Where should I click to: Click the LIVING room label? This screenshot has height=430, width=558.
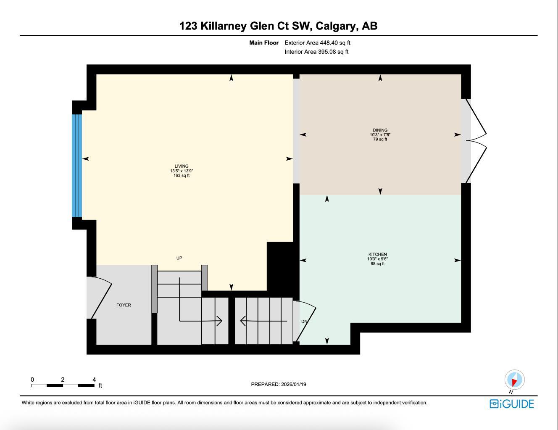(x=182, y=166)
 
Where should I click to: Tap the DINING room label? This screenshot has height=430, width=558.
(x=380, y=130)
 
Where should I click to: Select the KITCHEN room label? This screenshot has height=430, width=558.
(x=377, y=254)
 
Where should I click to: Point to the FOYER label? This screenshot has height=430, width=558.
(x=124, y=305)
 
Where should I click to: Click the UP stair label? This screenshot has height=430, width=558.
(x=179, y=258)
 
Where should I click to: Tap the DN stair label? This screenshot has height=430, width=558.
(x=304, y=322)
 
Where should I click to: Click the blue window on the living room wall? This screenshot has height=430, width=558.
(x=76, y=165)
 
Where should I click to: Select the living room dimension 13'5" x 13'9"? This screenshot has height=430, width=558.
(x=182, y=171)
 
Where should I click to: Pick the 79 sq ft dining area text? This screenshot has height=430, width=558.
(x=380, y=140)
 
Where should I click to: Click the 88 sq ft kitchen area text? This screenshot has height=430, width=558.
(x=377, y=264)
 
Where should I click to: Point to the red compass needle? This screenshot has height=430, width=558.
(x=513, y=381)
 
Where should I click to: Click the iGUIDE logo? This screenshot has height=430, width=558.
(x=512, y=404)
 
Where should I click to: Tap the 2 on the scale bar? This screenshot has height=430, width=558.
(x=63, y=380)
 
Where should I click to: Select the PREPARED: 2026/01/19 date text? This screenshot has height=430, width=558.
(x=279, y=384)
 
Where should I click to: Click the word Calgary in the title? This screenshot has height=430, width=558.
(x=334, y=26)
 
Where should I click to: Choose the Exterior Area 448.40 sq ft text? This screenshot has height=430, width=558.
(x=317, y=42)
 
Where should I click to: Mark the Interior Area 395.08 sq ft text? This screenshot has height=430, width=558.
(x=316, y=52)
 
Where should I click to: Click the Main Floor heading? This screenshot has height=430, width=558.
(x=264, y=42)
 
